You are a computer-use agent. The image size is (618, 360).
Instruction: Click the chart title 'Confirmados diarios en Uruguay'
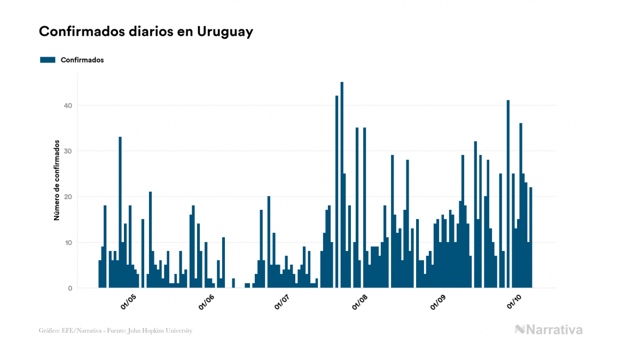pyautogui.click(x=146, y=32)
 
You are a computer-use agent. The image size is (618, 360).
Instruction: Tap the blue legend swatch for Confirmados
pyautogui.click(x=48, y=60)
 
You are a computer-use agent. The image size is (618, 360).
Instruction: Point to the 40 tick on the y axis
pyautogui.click(x=67, y=106)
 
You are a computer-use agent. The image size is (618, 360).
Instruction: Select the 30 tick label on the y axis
pyautogui.click(x=67, y=151)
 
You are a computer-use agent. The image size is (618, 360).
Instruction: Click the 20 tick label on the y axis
pyautogui.click(x=67, y=197)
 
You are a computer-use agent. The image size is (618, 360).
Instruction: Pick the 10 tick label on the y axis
pyautogui.click(x=67, y=242)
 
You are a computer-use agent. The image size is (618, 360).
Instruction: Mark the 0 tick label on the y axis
pyautogui.click(x=69, y=288)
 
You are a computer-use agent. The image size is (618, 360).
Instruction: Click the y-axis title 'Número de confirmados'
pyautogui.click(x=56, y=181)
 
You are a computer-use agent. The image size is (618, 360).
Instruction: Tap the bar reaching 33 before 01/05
pyautogui.click(x=120, y=214)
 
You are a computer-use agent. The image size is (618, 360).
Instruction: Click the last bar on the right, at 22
pyautogui.click(x=531, y=238)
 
